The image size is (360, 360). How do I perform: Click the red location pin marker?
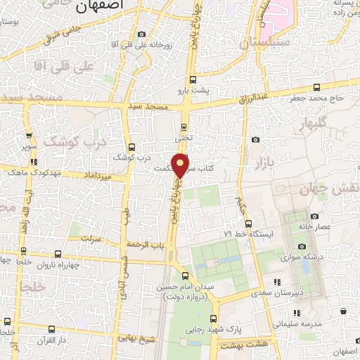[x=181, y=165]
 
